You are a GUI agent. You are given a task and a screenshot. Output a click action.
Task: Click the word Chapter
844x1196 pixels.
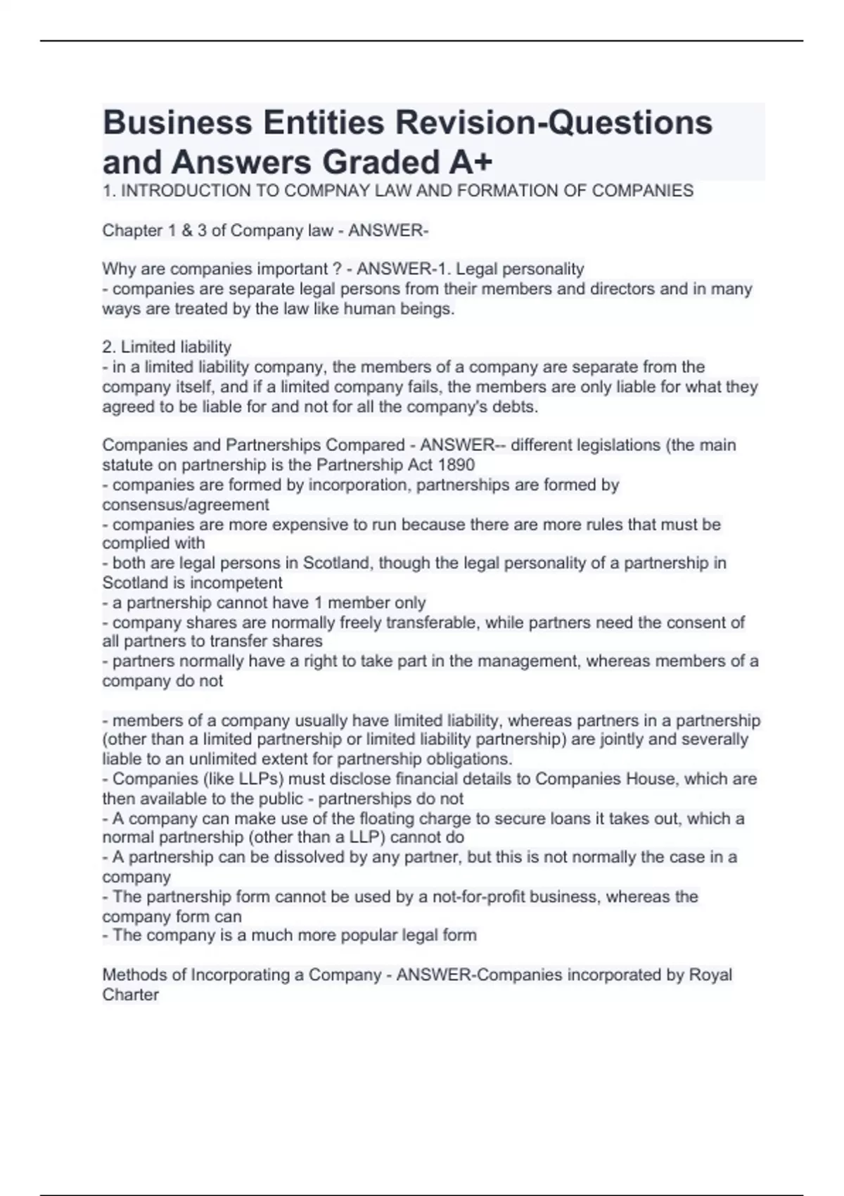[130, 231]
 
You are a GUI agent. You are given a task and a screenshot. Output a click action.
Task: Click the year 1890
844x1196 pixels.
[456, 465]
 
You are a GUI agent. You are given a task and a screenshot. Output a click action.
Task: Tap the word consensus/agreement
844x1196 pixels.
[186, 504]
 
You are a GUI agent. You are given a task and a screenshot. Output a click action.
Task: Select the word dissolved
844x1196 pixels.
[274, 857]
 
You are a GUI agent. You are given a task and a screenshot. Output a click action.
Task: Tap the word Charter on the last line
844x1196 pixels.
[130, 995]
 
